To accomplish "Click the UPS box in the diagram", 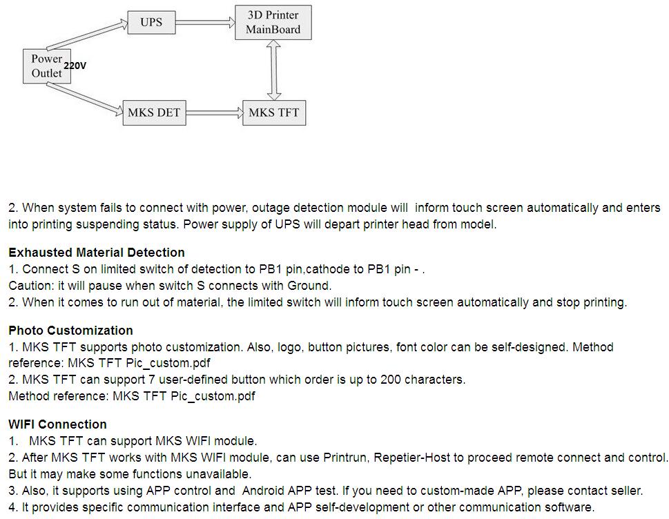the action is coord(151,23).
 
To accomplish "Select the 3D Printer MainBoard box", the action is coord(273,23).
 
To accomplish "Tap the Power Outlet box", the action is coord(47,66).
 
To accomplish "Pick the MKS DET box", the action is coord(155,113).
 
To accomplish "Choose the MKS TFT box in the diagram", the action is coord(274,113).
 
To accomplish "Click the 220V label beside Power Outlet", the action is coord(75,66).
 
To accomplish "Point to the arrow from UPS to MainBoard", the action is coord(205,22).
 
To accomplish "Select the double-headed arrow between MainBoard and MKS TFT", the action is coord(273,70).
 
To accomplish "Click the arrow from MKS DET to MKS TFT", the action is coord(215,113).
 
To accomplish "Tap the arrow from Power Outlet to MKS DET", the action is coord(84,99).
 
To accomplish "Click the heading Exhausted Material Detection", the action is coord(97,253).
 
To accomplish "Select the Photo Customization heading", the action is coord(71,331).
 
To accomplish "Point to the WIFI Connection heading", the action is coord(57,424).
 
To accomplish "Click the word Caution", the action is coord(31,286).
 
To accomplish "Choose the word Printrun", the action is coord(347,458).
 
